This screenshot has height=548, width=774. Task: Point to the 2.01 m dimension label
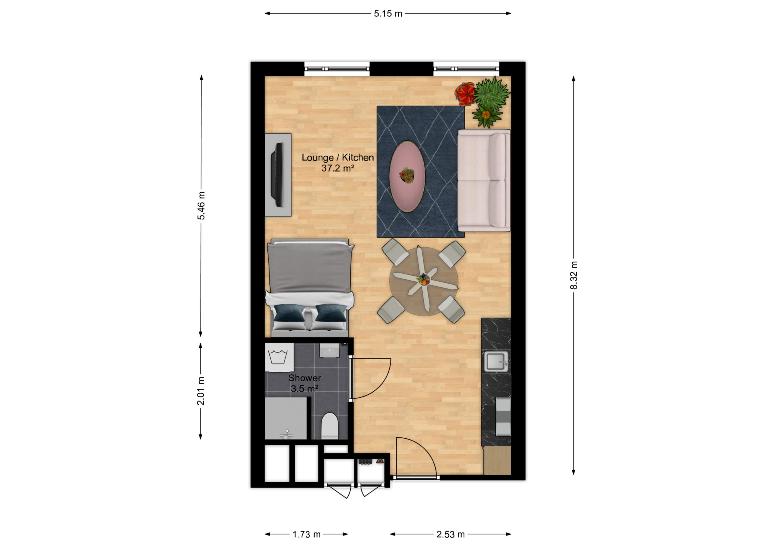(x=201, y=391)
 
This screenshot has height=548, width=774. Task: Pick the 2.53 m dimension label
(x=450, y=534)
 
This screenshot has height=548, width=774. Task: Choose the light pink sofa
(x=483, y=180)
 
